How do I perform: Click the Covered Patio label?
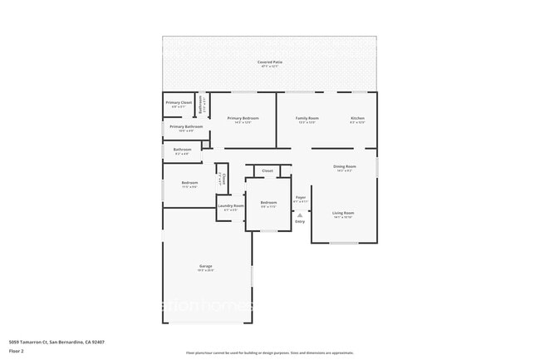(269, 62)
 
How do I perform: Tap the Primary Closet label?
(180, 102)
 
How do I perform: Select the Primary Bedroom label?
(243, 118)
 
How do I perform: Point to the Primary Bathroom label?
(180, 126)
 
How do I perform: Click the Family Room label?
(307, 118)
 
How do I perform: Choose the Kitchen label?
(357, 118)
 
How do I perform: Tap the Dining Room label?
(345, 166)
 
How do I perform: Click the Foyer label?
(300, 198)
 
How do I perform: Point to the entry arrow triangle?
(300, 215)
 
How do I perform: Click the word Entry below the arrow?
(300, 221)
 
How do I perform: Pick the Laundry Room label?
(230, 205)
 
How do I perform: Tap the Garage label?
(205, 266)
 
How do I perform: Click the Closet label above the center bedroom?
(268, 170)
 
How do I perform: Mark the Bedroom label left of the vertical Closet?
(189, 182)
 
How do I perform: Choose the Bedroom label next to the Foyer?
(268, 202)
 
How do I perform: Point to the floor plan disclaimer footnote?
(269, 353)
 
